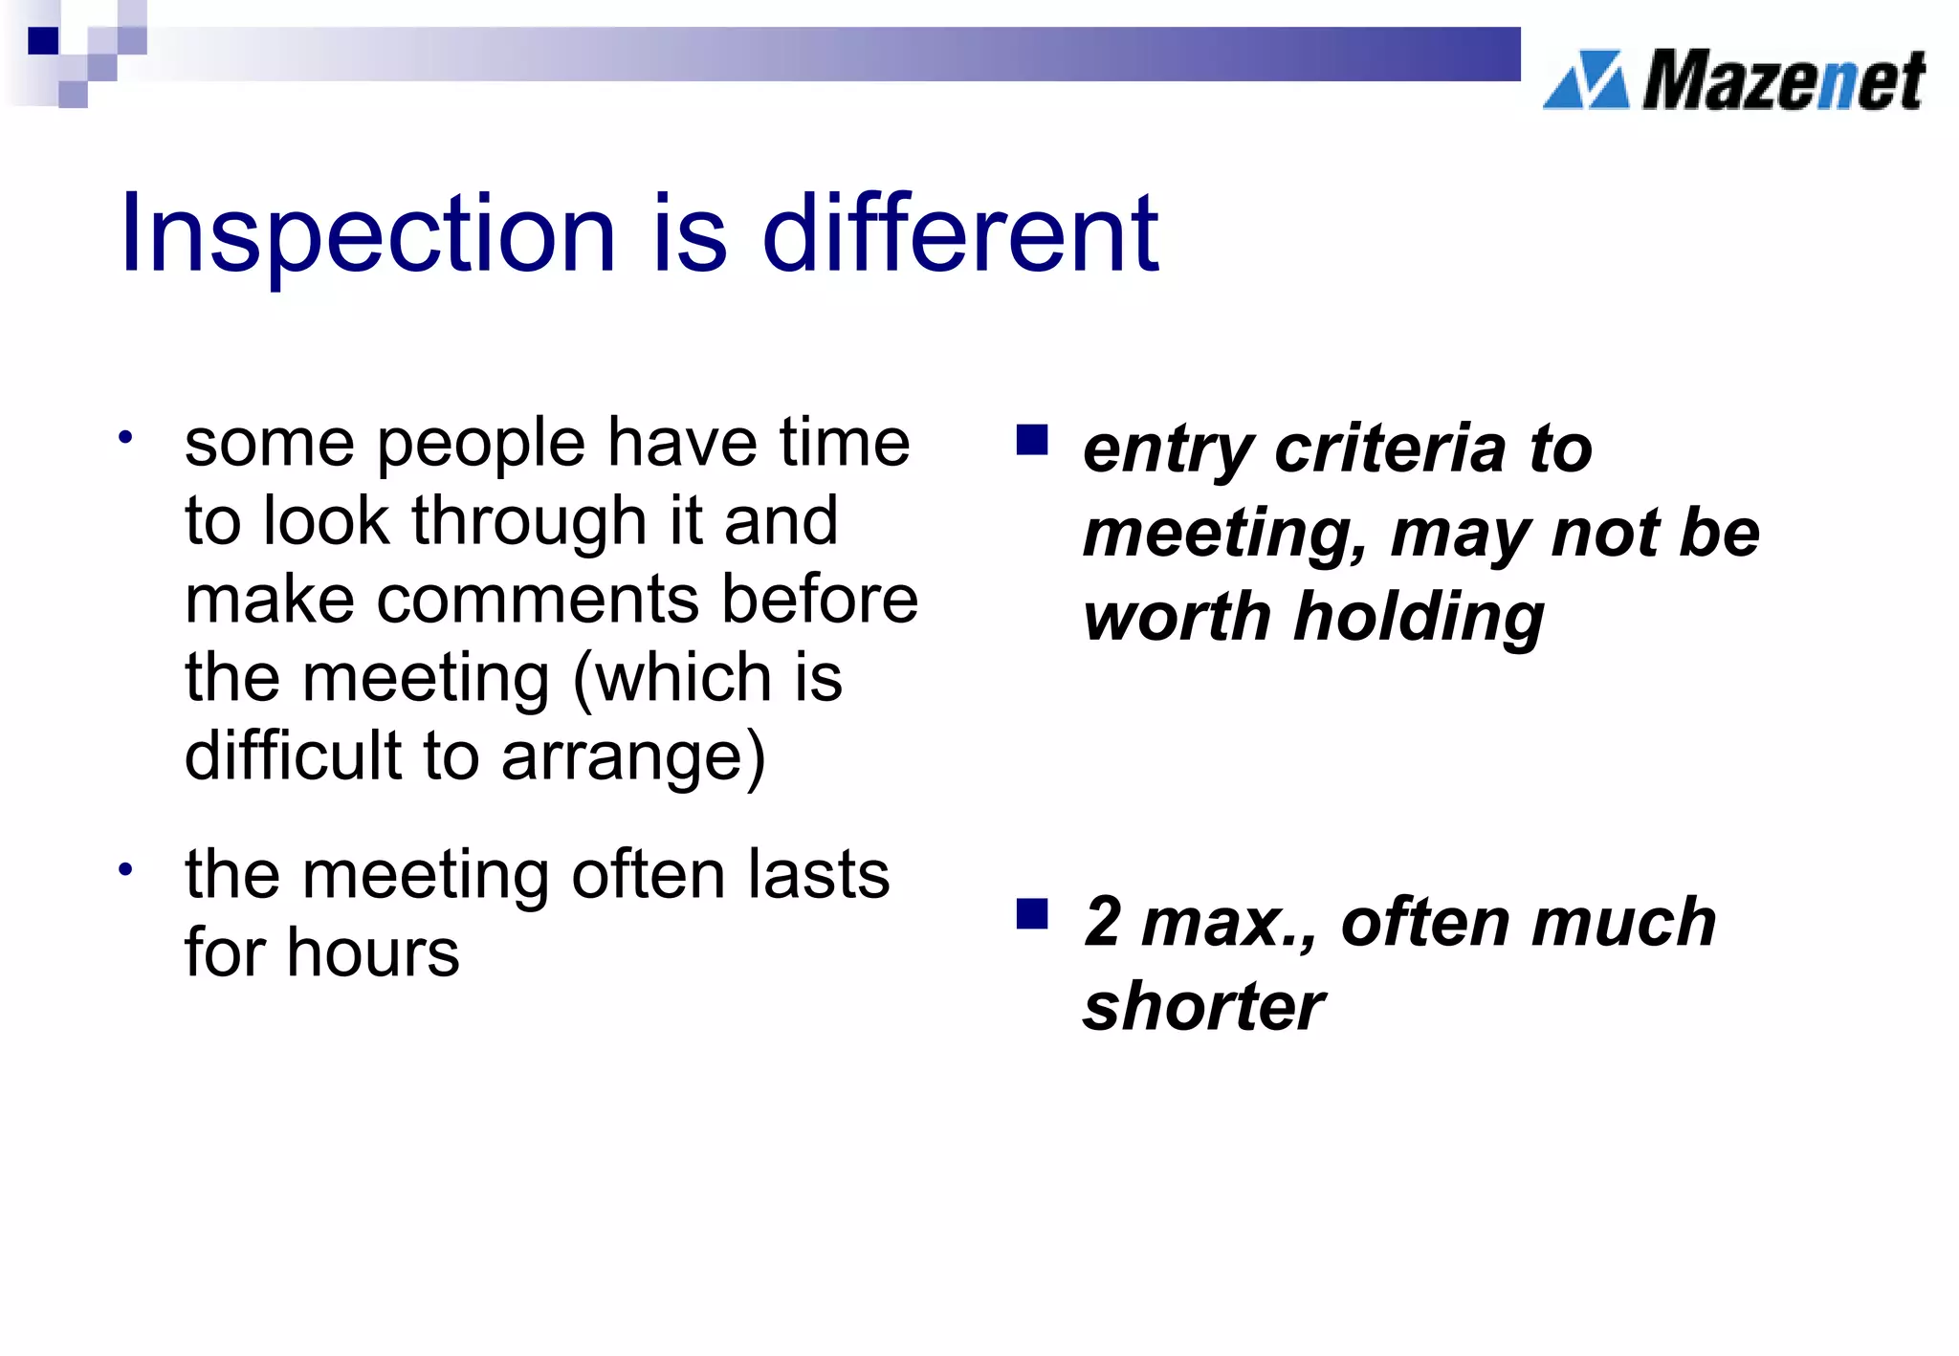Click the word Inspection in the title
click(x=367, y=234)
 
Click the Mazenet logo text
click(x=1783, y=81)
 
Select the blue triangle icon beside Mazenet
click(x=1586, y=80)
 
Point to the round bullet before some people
click(x=125, y=438)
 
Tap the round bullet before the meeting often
click(x=125, y=869)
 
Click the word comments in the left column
click(x=538, y=600)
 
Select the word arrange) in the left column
click(x=633, y=756)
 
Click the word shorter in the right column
click(x=1203, y=1007)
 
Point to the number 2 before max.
click(x=1103, y=922)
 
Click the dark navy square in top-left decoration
click(x=43, y=40)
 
